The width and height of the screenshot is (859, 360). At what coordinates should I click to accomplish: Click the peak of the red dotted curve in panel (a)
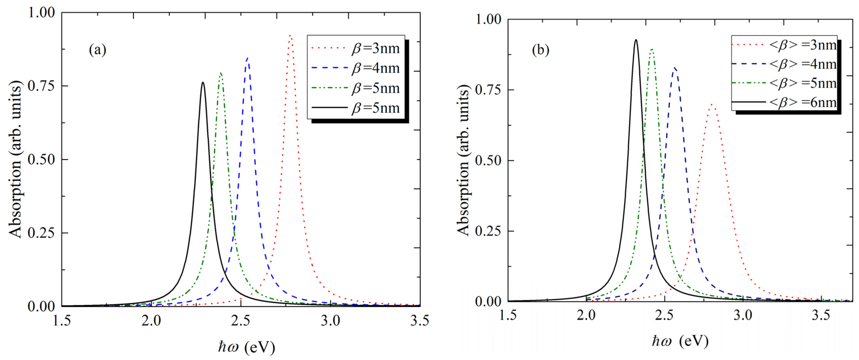pyautogui.click(x=290, y=35)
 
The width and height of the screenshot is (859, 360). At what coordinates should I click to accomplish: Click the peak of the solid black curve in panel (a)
pyautogui.click(x=203, y=82)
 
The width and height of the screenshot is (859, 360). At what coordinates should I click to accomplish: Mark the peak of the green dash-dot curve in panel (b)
pyautogui.click(x=651, y=49)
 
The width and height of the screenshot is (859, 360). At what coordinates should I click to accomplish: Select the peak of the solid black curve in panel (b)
pyautogui.click(x=636, y=40)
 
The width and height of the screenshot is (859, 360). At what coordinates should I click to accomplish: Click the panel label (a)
pyautogui.click(x=97, y=50)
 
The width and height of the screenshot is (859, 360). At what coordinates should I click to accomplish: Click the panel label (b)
pyautogui.click(x=540, y=50)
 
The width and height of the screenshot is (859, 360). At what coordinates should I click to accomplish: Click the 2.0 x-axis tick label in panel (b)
pyautogui.click(x=586, y=315)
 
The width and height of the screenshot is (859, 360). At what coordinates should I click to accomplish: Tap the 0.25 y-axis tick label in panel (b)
pyautogui.click(x=488, y=231)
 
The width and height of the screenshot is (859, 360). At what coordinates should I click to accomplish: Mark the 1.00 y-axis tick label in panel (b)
pyautogui.click(x=488, y=19)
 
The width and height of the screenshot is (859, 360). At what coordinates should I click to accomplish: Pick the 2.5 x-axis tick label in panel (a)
pyautogui.click(x=241, y=321)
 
